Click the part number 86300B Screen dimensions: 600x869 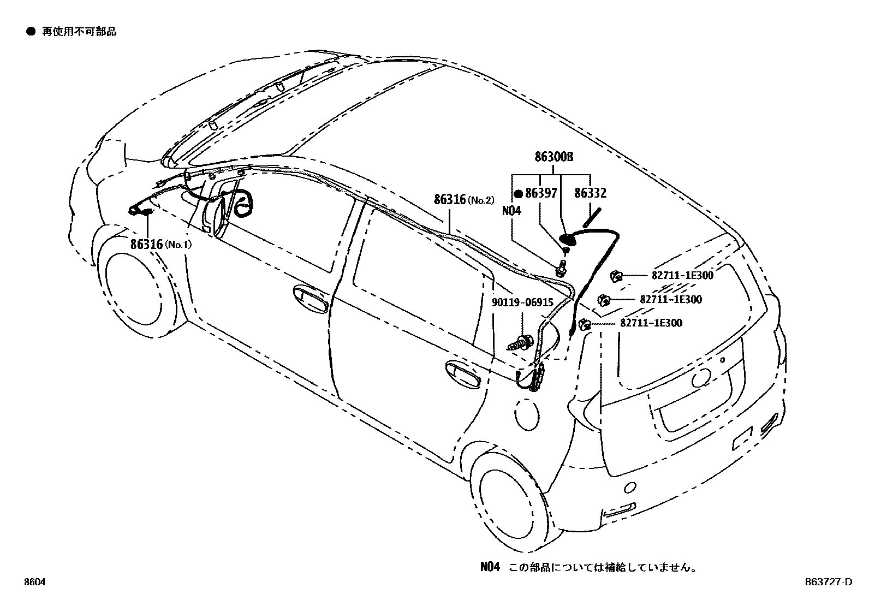[x=553, y=157]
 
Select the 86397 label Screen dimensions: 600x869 [x=541, y=193]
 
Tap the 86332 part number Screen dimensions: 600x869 [x=590, y=193]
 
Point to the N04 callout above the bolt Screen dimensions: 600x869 [x=511, y=211]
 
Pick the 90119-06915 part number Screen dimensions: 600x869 [x=522, y=302]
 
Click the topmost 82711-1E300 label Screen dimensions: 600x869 [x=682, y=276]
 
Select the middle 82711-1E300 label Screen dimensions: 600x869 [x=671, y=299]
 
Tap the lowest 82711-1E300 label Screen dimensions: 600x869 [x=651, y=323]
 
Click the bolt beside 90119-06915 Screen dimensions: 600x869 [x=521, y=344]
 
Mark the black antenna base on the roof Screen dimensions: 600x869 [x=568, y=238]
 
